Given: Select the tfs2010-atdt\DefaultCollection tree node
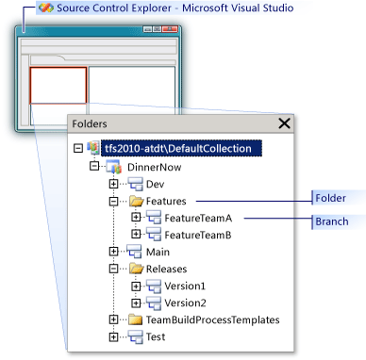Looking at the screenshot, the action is click(183, 148).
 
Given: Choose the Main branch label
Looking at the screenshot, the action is click(158, 252).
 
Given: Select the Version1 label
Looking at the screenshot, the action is click(185, 286).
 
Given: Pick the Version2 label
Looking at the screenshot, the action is click(185, 303).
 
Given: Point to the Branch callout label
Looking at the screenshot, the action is click(333, 221).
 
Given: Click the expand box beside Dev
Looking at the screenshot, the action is click(114, 183).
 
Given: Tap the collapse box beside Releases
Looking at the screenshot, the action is click(114, 269).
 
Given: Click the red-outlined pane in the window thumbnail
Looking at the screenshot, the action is click(58, 85).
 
